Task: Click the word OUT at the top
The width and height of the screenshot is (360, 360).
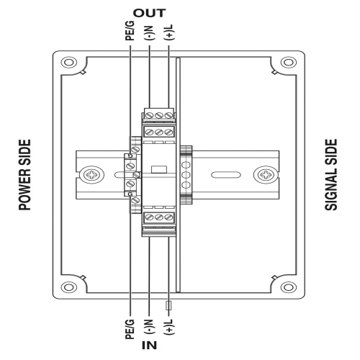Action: point(149,13)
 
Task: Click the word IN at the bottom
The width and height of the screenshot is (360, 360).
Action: point(149,346)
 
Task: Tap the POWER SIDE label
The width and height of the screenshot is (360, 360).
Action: point(25,175)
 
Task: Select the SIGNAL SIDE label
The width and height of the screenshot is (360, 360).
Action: point(331,175)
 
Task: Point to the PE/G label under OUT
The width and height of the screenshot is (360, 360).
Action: point(130,31)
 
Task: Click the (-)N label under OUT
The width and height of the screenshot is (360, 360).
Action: point(149,32)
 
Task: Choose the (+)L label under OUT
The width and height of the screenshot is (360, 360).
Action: point(169,32)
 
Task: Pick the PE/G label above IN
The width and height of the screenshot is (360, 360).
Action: point(130,329)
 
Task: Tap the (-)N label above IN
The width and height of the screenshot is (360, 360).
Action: point(149,327)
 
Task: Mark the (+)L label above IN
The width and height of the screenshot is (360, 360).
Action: point(169,327)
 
